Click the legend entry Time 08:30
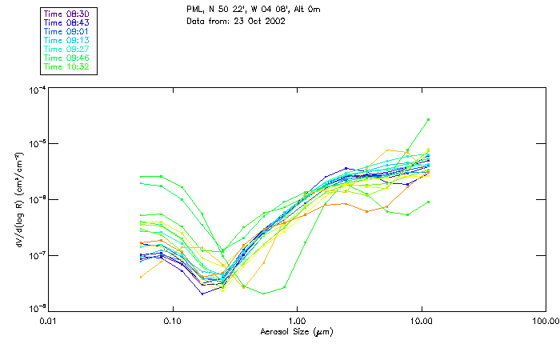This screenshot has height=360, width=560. pos(66,14)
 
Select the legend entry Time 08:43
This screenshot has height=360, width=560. pos(66,22)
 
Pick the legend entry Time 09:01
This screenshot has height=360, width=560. pos(66,31)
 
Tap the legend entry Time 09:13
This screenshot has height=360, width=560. pos(66,40)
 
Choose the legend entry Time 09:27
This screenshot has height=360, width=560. pos(66,49)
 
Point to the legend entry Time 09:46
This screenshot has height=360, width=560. pos(66,58)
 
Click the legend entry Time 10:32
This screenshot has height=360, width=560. pos(66,67)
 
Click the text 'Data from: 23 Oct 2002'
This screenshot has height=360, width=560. pos(235,21)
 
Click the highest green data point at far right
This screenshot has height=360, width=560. pos(428,120)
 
